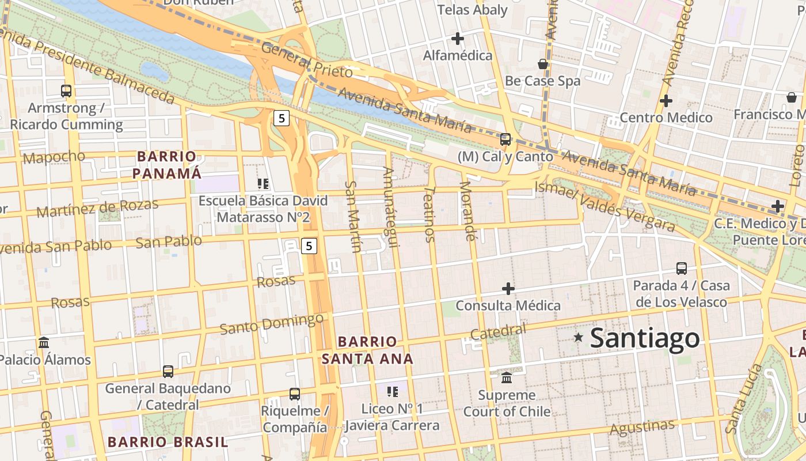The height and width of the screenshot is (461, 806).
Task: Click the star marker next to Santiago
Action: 578,338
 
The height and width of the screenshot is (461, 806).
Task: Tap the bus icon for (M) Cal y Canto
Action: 505,139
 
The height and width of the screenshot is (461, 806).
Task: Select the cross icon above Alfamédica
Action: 458,39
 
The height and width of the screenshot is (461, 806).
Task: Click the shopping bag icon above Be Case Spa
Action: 542,63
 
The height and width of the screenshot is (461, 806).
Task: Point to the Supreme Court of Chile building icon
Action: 507,377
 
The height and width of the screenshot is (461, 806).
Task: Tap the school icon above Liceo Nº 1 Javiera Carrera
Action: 393,392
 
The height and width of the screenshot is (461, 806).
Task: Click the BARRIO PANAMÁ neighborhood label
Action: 167,165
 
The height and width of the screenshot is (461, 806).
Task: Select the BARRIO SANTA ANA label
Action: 367,350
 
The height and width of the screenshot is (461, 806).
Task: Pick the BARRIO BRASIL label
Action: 168,442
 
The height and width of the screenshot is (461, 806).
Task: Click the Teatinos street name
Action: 429,214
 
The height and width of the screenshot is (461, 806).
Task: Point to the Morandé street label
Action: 467,211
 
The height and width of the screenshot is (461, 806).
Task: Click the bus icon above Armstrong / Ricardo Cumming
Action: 66,90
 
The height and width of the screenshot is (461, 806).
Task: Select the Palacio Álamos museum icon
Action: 44,342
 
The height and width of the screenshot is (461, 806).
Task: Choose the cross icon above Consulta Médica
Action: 508,288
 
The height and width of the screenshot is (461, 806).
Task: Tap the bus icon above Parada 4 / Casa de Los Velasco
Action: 682,268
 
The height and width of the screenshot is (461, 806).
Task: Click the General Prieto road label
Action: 306,60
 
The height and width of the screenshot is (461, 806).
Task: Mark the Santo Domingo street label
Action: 272,324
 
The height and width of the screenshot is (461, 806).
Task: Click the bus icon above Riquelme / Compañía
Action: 295,394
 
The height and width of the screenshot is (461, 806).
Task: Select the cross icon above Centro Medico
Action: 666,100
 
